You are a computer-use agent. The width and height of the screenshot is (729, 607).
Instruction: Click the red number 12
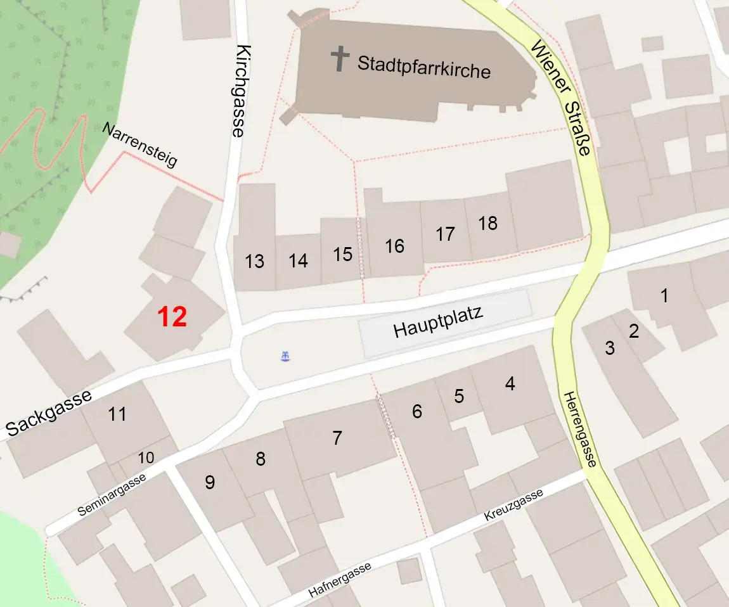[x=172, y=316]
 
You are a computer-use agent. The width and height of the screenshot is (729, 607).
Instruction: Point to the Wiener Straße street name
[x=562, y=98]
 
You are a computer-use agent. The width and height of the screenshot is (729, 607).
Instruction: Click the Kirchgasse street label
[x=238, y=91]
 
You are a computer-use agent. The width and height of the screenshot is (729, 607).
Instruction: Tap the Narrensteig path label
[x=139, y=145]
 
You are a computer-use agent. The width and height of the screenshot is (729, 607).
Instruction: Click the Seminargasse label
[x=113, y=494]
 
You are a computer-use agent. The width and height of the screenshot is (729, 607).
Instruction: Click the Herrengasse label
[x=579, y=429]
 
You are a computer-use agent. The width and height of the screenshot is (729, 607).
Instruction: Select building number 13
[x=254, y=261]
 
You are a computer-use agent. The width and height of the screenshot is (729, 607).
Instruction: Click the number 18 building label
[x=488, y=223]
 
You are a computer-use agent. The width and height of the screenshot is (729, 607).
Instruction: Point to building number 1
[x=664, y=295]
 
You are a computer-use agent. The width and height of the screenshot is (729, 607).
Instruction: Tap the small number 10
[x=146, y=457]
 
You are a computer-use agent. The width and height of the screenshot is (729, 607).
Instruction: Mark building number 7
[x=337, y=438]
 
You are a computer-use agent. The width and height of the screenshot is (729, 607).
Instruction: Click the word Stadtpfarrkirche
[x=423, y=66]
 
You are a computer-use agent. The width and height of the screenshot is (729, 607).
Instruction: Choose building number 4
[x=510, y=383]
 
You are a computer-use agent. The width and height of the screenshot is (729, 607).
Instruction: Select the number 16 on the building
[x=394, y=246]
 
